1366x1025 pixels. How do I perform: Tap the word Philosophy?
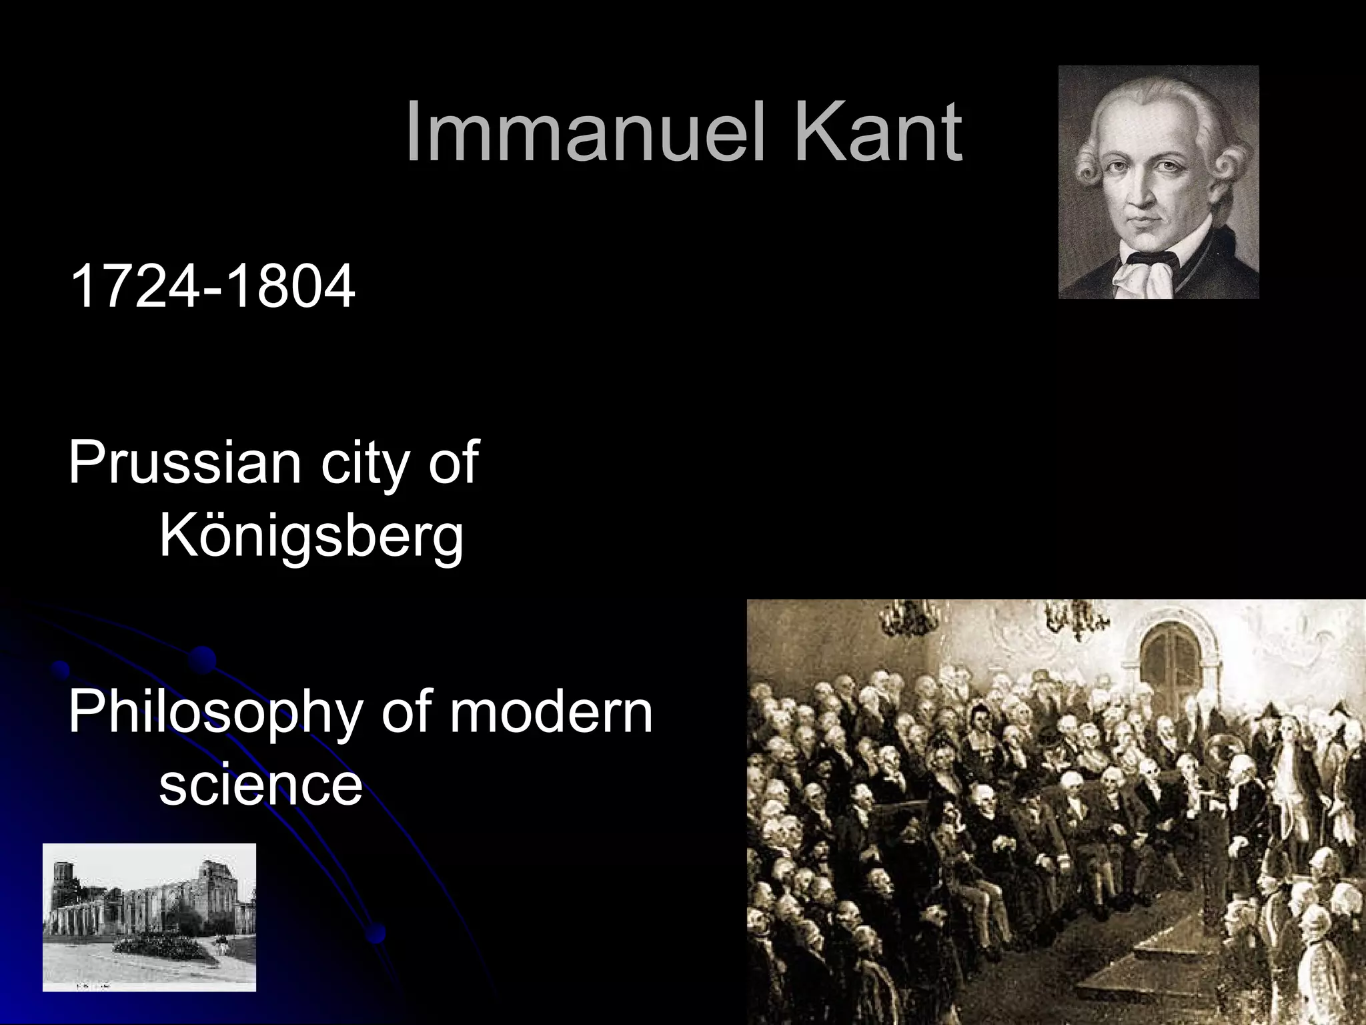214,715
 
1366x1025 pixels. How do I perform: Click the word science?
260,785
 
